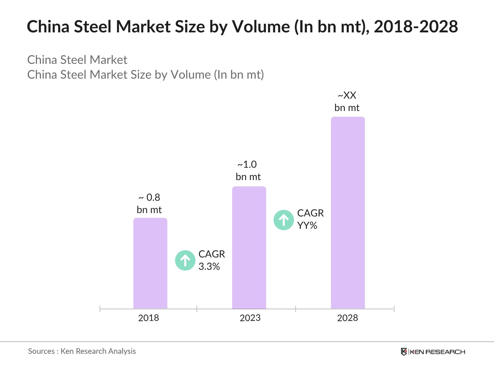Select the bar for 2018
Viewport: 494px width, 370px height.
coord(150,264)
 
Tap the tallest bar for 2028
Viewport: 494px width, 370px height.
coord(348,213)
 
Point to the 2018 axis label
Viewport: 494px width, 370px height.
coord(149,318)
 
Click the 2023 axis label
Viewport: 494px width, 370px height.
coord(250,318)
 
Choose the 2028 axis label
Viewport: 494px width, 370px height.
coord(347,318)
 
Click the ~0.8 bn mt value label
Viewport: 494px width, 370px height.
coord(149,203)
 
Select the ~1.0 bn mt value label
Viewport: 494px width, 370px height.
coord(248,171)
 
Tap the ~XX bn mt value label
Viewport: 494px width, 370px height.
coord(347,101)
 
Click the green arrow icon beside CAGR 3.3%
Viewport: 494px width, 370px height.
coord(185,260)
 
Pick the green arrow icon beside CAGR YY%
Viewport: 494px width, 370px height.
coord(283,220)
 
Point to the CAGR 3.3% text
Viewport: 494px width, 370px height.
coord(211,260)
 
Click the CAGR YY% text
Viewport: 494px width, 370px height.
coord(310,219)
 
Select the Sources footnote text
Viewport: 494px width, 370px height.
coord(82,351)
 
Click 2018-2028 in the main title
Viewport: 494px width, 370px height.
coord(416,27)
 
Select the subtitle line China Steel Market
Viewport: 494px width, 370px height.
coord(77,60)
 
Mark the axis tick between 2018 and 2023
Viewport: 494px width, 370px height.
coord(197,309)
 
